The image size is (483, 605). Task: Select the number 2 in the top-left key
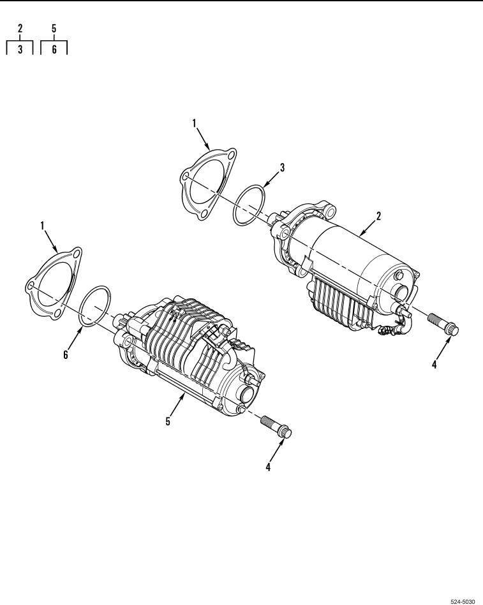pos(20,28)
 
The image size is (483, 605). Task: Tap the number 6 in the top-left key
pos(54,49)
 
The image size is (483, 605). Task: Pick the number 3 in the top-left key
pos(20,49)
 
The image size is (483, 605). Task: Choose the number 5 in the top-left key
pos(54,28)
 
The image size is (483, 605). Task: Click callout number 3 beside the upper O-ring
pos(282,168)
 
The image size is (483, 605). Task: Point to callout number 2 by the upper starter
pos(378,216)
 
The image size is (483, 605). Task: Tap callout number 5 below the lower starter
pos(168,421)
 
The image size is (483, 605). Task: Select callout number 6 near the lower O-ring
pos(66,355)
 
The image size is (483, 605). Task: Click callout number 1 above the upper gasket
pos(194,123)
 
